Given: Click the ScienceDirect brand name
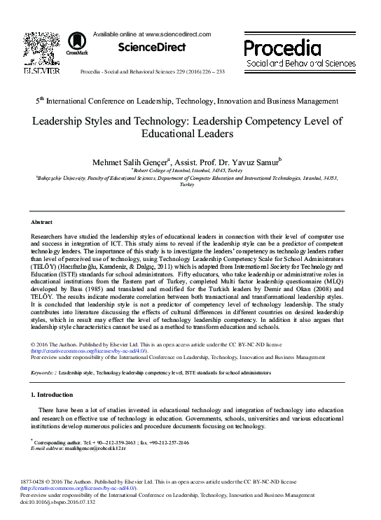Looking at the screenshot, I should (151, 48).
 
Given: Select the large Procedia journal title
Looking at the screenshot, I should (283, 48).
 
